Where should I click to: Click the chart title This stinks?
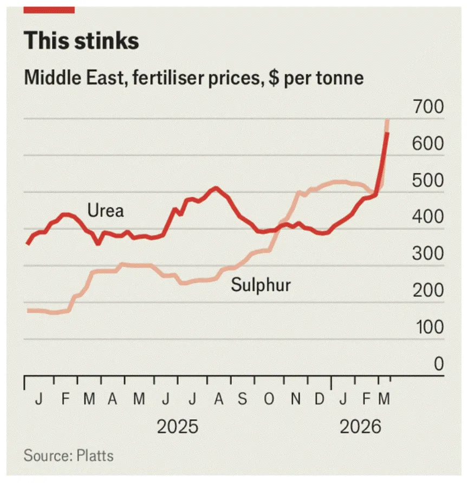tap(81, 41)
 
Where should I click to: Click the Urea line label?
tap(106, 210)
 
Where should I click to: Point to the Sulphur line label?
tap(261, 285)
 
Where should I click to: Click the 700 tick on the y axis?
tap(427, 108)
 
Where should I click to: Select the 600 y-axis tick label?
tap(427, 145)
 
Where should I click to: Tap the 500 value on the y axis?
tap(427, 181)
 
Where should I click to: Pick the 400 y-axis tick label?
tap(427, 218)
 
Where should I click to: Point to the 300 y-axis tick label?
tap(427, 254)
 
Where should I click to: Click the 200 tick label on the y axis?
tap(427, 291)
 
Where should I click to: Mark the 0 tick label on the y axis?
tap(438, 364)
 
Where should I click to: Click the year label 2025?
tap(177, 427)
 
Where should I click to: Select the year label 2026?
tap(360, 427)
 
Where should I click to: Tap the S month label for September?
tap(243, 400)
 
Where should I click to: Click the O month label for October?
tap(269, 400)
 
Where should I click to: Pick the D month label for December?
tap(320, 400)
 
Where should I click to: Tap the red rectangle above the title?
tap(49, 9)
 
